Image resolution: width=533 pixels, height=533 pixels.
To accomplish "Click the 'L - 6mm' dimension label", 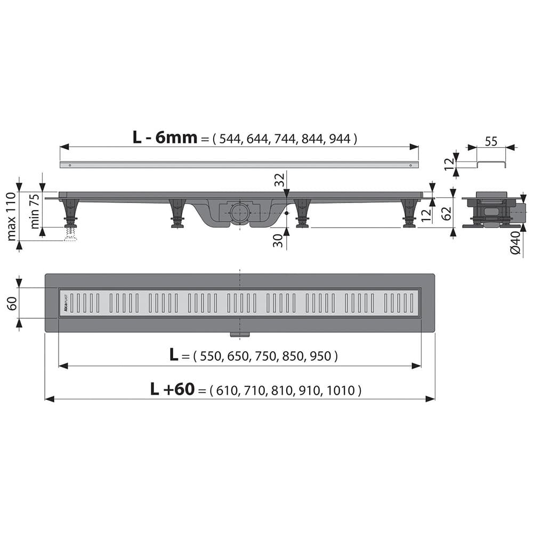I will pos(165,138).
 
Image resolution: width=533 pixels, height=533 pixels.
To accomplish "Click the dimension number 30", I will pos(278,240).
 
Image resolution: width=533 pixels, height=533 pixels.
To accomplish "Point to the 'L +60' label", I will pos(173,390).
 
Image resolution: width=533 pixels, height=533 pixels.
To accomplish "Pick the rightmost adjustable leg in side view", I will pos(409,213).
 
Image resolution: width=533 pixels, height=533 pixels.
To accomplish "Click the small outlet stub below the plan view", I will pos(239,335).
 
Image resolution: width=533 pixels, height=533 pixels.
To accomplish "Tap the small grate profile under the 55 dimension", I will pos(490,163).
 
